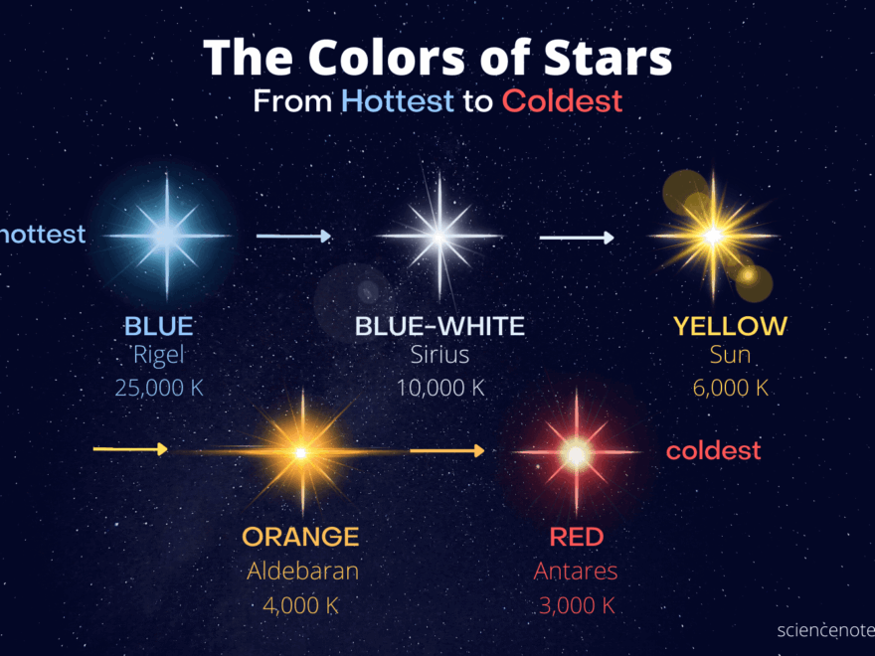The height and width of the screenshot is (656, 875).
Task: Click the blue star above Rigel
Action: click(x=166, y=236)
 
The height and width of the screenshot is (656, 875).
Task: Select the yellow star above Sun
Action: click(x=713, y=237)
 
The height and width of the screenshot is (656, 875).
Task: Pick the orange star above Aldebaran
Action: click(x=299, y=451)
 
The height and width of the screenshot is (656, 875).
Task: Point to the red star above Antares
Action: click(x=576, y=452)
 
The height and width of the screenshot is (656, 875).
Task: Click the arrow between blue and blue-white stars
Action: click(x=293, y=236)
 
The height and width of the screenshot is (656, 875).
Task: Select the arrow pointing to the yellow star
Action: click(x=577, y=238)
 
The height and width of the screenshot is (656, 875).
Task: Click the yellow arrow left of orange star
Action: click(x=130, y=449)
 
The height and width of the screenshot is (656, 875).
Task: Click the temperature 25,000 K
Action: click(x=159, y=388)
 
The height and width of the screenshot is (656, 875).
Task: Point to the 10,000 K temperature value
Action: click(x=440, y=388)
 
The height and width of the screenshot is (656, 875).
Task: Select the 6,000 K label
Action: click(x=730, y=388)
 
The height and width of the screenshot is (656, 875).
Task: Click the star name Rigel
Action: click(x=159, y=356)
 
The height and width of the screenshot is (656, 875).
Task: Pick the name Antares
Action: click(x=576, y=572)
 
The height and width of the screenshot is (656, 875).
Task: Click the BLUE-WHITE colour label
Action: click(x=439, y=326)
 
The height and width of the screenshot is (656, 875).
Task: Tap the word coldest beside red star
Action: click(x=713, y=450)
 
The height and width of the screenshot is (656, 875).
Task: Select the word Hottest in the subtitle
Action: click(x=397, y=100)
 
